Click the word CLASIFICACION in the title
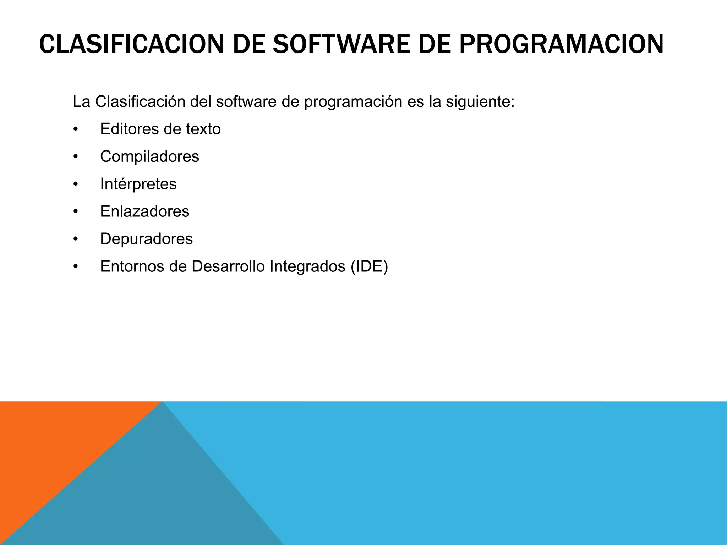(131, 44)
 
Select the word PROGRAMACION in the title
(561, 44)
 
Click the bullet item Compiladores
(149, 156)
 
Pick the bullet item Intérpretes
(138, 184)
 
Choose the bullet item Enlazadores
(144, 211)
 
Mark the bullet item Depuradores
(146, 239)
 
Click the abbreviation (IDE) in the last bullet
(369, 266)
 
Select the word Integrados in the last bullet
(307, 266)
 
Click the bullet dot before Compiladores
(75, 156)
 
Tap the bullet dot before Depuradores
(75, 239)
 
